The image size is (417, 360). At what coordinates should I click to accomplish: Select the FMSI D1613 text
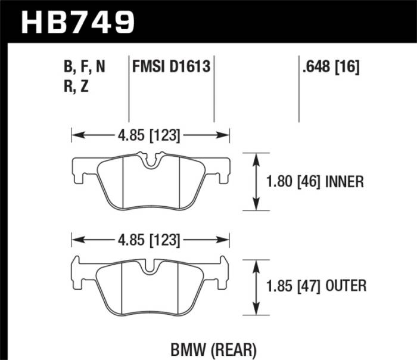pos(172,67)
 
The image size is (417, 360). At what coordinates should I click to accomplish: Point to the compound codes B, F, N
pos(84,67)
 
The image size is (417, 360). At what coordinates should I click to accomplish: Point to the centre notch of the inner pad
pos(150,161)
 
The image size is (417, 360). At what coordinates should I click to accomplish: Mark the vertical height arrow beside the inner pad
pos(256,182)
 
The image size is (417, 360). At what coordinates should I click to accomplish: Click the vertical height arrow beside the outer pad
pos(256,285)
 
